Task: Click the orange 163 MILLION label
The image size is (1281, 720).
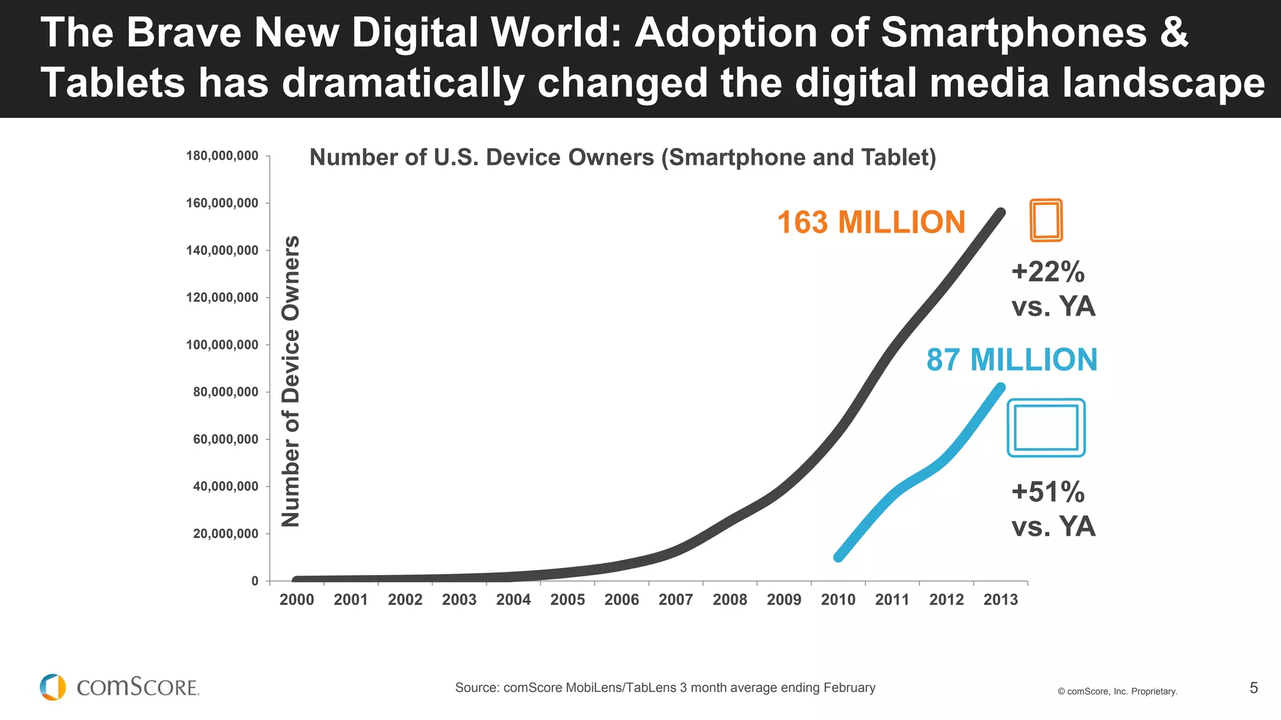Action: point(871,222)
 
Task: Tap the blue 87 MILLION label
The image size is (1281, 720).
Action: point(1011,360)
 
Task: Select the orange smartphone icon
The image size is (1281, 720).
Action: point(1046,220)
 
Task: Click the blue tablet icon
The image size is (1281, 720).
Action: point(1046,428)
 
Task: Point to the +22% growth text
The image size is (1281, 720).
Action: point(1048,272)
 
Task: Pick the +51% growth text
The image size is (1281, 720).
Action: point(1048,492)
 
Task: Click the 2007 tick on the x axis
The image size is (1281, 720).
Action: point(676,600)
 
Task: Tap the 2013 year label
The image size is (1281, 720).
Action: point(1000,600)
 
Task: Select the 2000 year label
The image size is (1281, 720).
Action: point(296,600)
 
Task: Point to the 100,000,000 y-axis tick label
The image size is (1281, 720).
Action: point(222,345)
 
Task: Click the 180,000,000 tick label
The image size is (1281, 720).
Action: point(222,156)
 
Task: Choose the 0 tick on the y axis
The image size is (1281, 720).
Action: point(255,581)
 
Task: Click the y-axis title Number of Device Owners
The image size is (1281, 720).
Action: point(291,381)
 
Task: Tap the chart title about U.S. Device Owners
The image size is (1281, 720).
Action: point(622,157)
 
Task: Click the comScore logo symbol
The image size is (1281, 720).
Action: point(53,687)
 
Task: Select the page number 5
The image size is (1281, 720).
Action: point(1253,688)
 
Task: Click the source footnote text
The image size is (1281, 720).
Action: point(665,688)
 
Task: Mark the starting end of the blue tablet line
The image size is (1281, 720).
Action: point(839,557)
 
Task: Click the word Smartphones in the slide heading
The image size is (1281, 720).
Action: point(1013,32)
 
